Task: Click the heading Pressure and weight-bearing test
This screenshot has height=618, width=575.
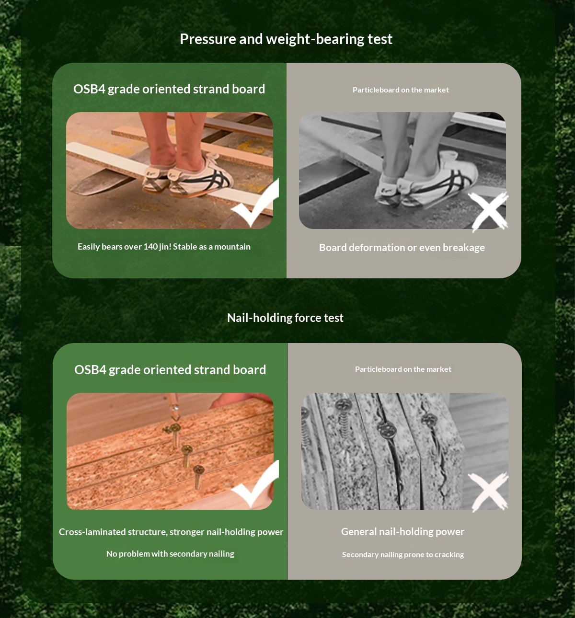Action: pos(286,39)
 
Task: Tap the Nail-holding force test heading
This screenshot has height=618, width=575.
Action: pos(285,318)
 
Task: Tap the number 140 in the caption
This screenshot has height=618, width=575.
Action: pos(150,246)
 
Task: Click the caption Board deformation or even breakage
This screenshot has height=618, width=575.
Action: pos(402,248)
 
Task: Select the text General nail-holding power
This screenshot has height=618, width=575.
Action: pos(402,532)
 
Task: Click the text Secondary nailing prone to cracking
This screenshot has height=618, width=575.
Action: pos(403,555)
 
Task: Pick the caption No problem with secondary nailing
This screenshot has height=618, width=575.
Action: pos(170,554)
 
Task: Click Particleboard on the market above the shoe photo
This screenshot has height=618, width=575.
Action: pos(401,90)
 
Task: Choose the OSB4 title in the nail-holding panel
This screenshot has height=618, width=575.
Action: pos(170,370)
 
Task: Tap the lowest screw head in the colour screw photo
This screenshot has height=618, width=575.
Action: pos(198,469)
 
